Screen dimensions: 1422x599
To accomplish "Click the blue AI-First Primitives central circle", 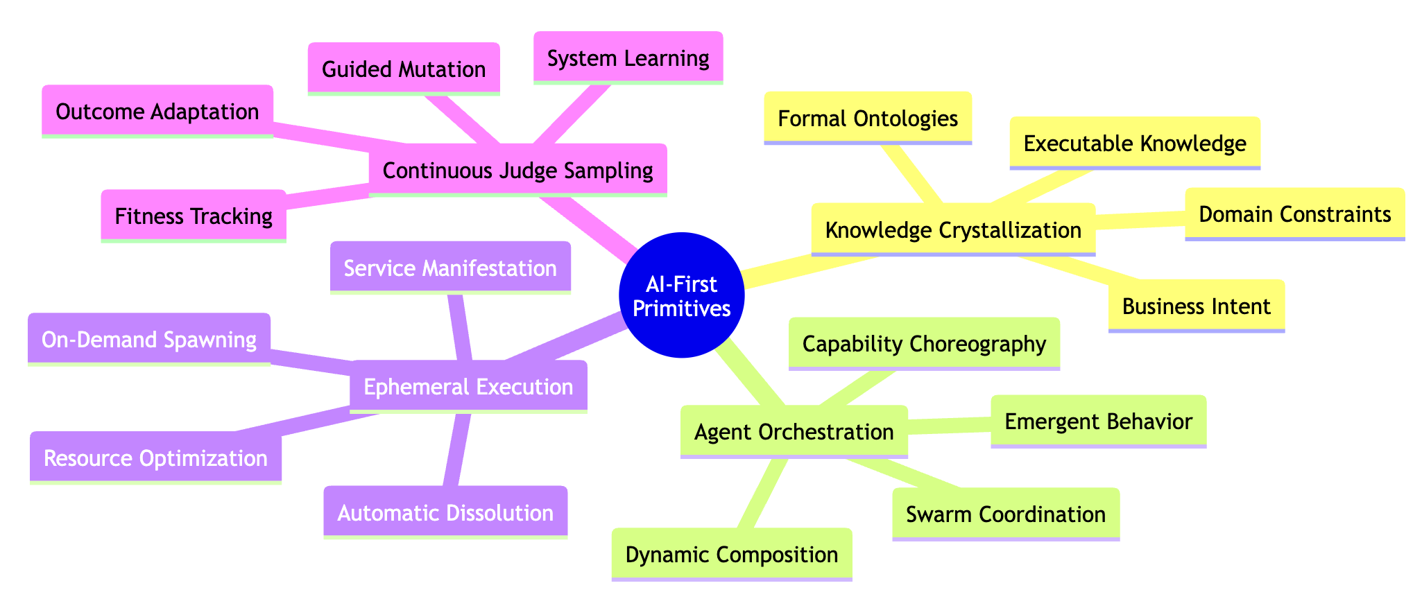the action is click(x=681, y=295).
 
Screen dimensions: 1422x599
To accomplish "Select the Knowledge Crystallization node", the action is click(x=952, y=229).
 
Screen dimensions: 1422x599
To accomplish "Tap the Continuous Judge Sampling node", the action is click(x=517, y=170).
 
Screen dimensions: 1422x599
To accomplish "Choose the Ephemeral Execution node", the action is click(x=468, y=386).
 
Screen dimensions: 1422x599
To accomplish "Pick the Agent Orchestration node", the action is click(x=794, y=431).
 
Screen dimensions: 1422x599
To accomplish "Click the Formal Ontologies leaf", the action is click(x=868, y=118).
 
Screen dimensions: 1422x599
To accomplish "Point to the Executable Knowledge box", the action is click(x=1135, y=143).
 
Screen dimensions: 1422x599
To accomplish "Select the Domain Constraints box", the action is click(x=1294, y=214).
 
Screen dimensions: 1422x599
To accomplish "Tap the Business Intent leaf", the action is click(x=1196, y=306).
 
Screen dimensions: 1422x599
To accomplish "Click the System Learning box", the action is click(x=628, y=58).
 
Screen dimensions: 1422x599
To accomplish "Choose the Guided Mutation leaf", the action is click(x=403, y=69).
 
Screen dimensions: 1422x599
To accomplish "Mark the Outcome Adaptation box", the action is click(x=157, y=111).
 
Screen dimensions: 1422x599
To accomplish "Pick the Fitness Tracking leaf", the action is click(x=194, y=216).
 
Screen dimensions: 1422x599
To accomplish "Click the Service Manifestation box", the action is click(x=450, y=268).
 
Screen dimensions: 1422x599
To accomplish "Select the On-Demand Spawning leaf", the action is click(x=149, y=339).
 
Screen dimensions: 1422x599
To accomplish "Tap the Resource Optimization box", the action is click(x=155, y=458).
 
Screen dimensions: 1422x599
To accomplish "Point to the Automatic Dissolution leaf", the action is click(x=445, y=512).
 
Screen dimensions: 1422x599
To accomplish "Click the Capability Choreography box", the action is click(x=924, y=343).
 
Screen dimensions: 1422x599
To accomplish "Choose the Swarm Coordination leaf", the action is click(x=1006, y=514).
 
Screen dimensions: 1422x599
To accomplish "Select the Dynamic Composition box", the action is click(x=731, y=554).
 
